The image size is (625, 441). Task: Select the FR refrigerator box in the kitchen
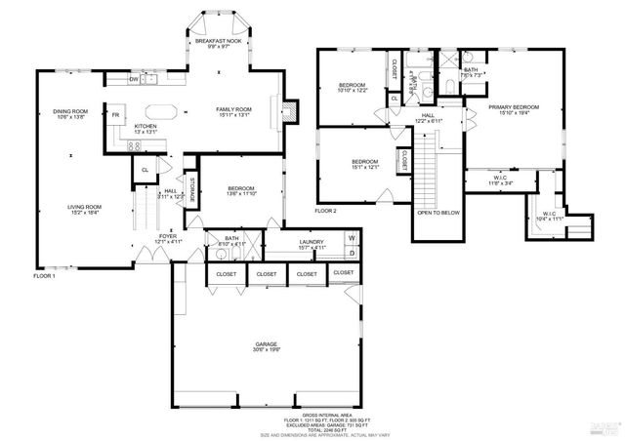click(x=114, y=115)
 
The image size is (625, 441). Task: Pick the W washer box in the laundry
click(x=352, y=238)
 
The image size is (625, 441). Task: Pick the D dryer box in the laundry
click(x=352, y=252)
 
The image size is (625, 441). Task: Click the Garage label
click(x=267, y=345)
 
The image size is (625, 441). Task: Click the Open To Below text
click(x=437, y=213)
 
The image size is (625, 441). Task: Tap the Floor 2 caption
click(x=325, y=211)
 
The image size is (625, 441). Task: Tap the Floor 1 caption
click(x=44, y=276)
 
